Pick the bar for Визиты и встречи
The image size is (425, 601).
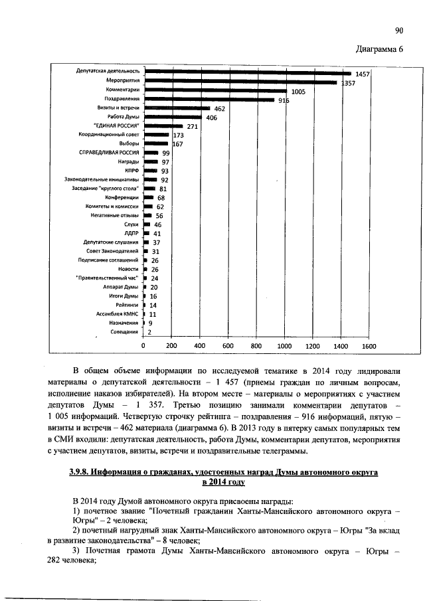click(177, 107)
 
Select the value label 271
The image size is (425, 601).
click(193, 126)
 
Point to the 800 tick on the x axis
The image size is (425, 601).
click(256, 346)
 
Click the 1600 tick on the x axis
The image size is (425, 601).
click(369, 346)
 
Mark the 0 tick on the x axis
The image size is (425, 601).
click(144, 346)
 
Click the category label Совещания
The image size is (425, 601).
click(124, 331)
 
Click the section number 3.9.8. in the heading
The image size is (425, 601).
click(82, 472)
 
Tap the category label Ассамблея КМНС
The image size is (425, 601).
click(118, 313)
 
